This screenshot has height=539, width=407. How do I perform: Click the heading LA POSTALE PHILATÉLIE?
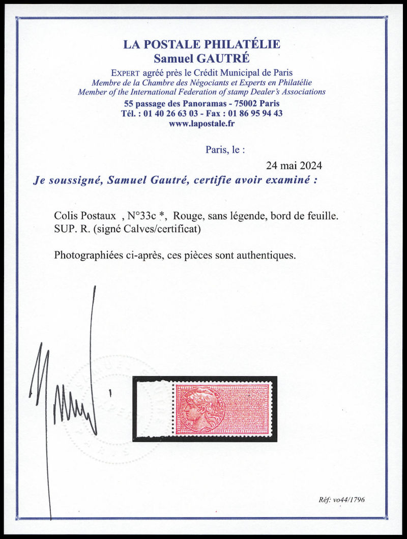(202, 45)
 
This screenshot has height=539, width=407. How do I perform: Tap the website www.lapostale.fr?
(202, 123)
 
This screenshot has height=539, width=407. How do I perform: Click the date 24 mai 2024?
(294, 166)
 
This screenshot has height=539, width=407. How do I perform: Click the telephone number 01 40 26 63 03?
(170, 114)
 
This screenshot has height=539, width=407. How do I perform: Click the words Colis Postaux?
(79, 216)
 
